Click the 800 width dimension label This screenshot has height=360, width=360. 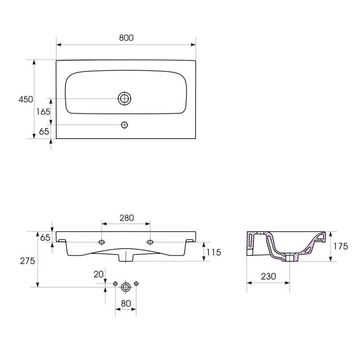point(126,38)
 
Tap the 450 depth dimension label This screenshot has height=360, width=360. point(25,99)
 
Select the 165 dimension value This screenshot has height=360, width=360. point(43,112)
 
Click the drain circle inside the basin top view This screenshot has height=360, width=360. point(124,98)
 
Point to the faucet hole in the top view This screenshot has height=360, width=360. point(124,125)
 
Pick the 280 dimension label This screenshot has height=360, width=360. point(126,218)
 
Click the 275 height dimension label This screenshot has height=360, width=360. point(27,261)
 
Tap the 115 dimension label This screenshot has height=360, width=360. point(213,252)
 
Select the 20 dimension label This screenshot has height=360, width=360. point(98,274)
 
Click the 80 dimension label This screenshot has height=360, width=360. point(126,303)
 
